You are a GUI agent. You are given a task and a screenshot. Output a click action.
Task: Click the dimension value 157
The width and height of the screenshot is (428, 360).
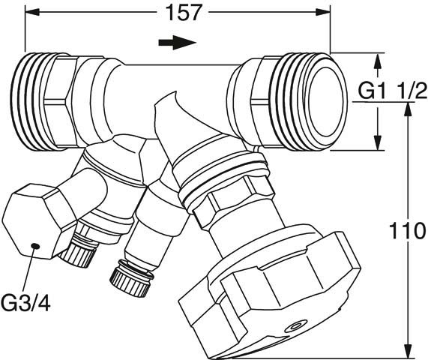click(x=183, y=13)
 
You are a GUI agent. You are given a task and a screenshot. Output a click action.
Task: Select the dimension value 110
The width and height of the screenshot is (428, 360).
click(x=408, y=231)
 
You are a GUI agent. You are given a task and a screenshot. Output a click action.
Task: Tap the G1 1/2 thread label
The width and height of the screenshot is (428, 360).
click(x=393, y=91)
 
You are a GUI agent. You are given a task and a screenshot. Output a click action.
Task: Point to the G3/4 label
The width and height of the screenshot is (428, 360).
click(x=25, y=302)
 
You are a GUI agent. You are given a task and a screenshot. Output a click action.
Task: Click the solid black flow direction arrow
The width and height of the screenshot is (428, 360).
click(x=178, y=43)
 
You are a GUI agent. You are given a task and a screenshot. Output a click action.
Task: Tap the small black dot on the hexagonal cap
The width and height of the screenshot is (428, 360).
click(x=35, y=246)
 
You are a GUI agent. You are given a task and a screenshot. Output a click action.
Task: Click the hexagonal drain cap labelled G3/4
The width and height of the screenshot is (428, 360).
click(x=40, y=222)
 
